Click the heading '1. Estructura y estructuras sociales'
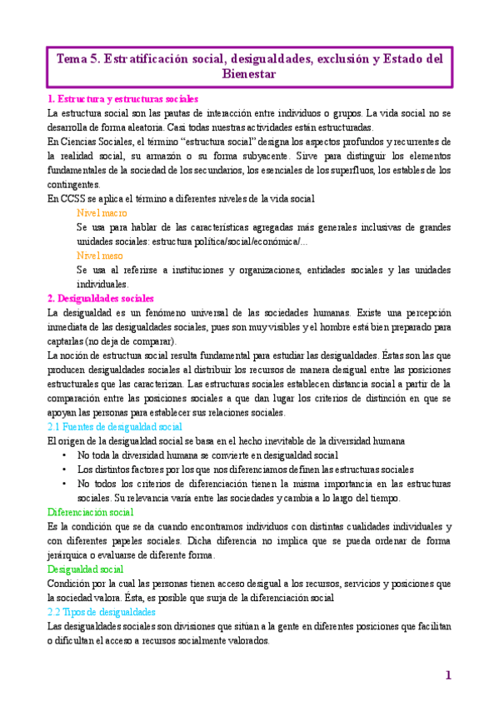(x=122, y=98)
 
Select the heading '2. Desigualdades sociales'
(x=100, y=298)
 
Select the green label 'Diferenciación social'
(x=91, y=512)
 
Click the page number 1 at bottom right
(x=447, y=675)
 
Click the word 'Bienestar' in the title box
(x=249, y=75)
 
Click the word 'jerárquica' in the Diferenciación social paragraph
(x=69, y=554)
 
